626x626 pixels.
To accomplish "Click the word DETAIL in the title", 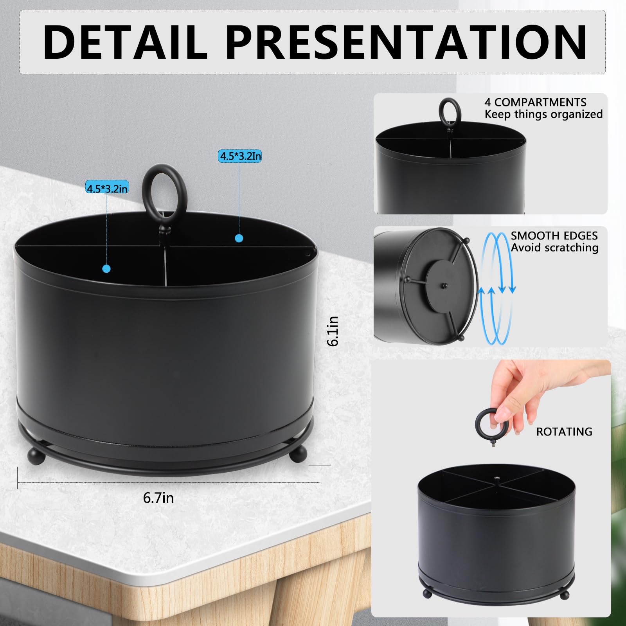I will [x=124, y=42].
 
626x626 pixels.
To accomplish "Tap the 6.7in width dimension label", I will [x=158, y=498].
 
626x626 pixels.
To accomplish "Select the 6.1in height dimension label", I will [x=333, y=331].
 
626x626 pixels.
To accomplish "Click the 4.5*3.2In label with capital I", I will [x=240, y=156].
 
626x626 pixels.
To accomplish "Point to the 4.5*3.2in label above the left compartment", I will [x=107, y=188].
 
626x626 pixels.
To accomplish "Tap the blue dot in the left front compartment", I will [x=106, y=269].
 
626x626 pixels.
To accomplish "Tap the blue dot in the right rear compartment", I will [x=239, y=238].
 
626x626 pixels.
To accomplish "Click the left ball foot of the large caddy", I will [x=36, y=455].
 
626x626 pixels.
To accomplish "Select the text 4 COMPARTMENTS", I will [x=535, y=103].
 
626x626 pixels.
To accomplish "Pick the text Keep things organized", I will [x=543, y=114].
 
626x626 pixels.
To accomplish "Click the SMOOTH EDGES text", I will [x=554, y=236].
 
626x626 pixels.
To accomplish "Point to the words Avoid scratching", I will [x=554, y=248].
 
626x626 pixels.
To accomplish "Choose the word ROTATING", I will [x=564, y=432].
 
